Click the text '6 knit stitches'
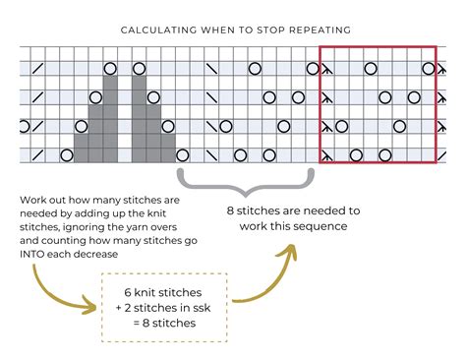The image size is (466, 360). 163,292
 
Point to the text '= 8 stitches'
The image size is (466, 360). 164,323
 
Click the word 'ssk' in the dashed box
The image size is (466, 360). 202,308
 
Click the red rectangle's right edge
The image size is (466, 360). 436,104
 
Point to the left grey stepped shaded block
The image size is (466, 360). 95,119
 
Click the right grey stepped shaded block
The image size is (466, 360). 153,119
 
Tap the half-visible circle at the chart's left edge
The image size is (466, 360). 24,126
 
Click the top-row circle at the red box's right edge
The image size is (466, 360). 429,69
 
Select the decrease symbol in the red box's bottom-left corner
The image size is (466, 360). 326,155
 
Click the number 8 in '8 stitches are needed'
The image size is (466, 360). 230,210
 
